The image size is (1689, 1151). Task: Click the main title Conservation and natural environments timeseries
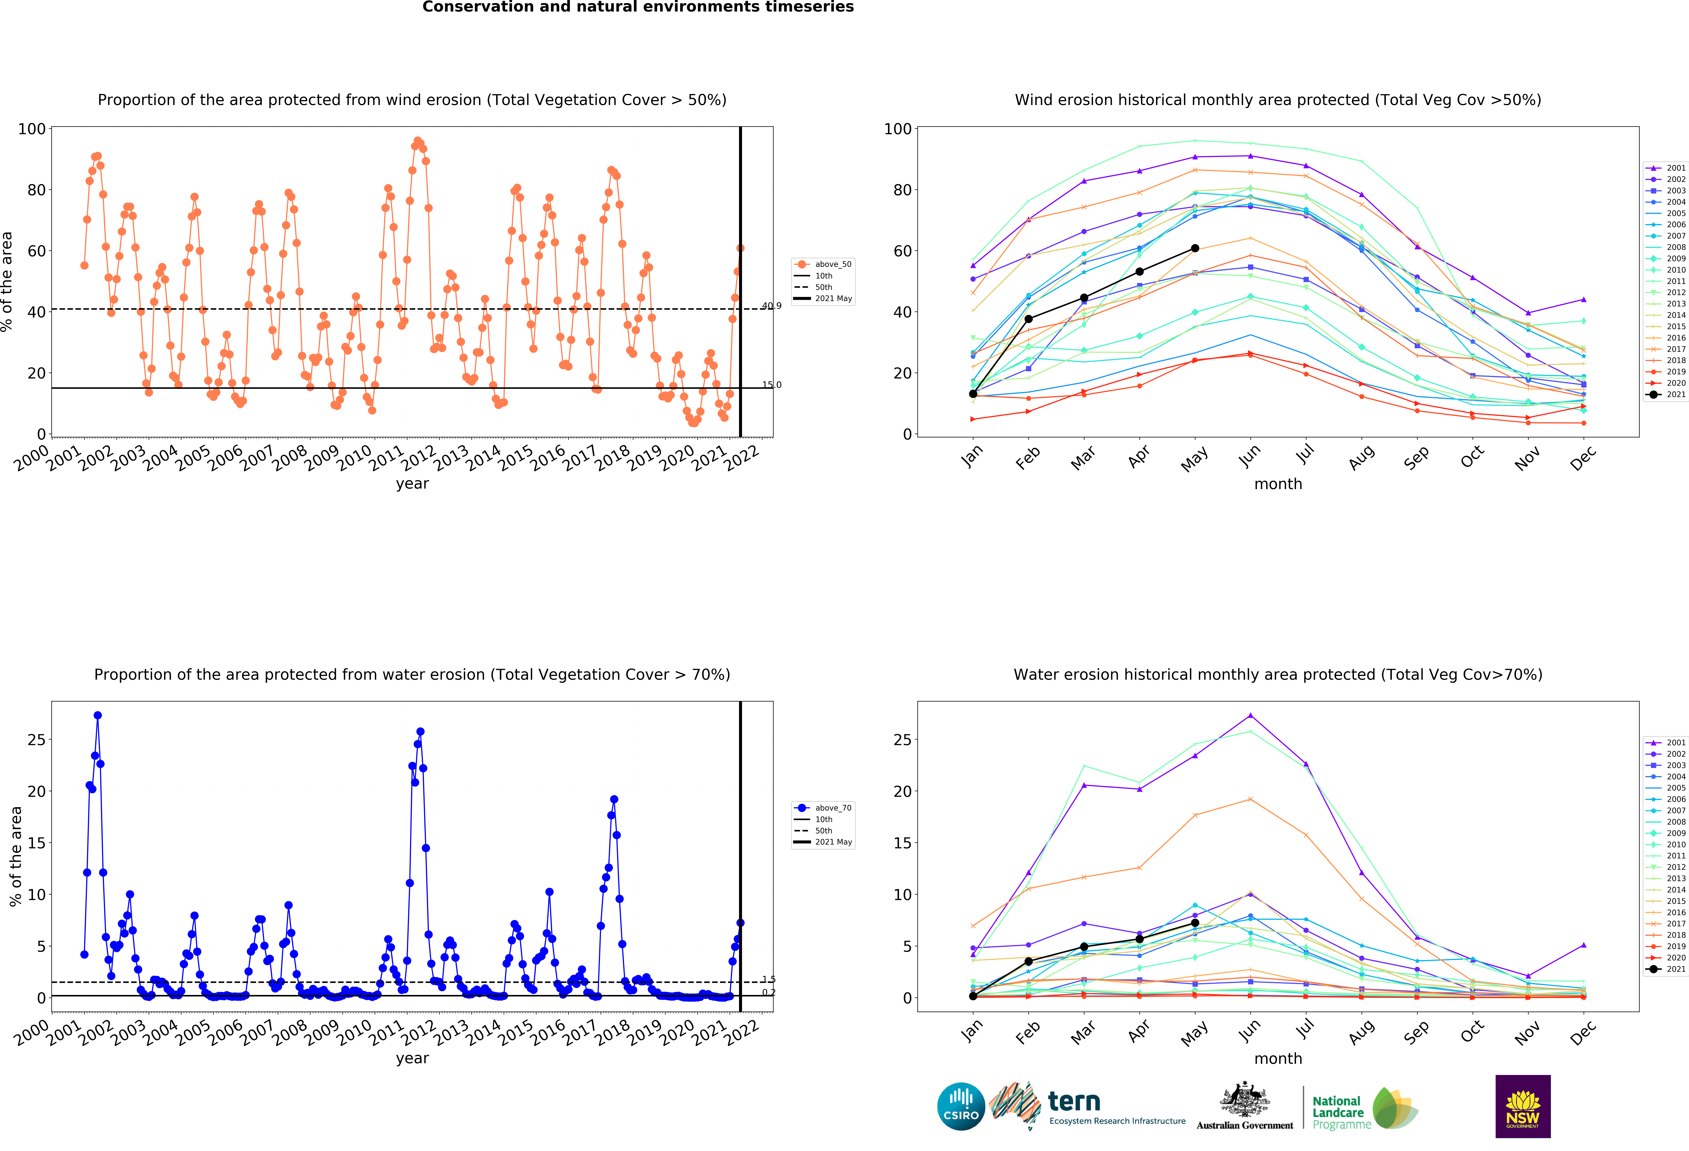pyautogui.click(x=638, y=7)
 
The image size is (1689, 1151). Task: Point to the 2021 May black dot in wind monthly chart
pyautogui.click(x=1195, y=248)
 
